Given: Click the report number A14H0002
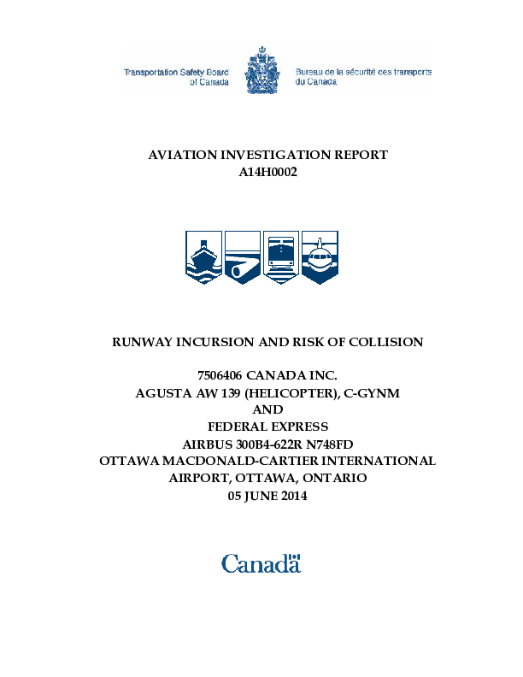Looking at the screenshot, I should pos(267,172).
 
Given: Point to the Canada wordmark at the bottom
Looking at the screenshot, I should pos(261,563).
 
